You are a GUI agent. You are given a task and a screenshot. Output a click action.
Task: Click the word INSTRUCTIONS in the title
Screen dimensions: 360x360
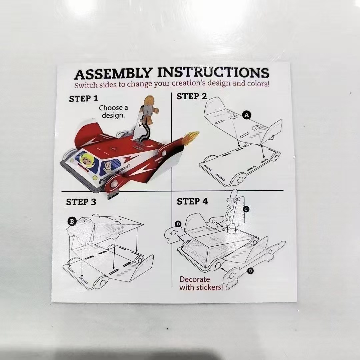[213, 73]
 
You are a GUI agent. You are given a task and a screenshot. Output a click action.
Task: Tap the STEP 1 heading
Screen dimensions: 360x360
[83, 99]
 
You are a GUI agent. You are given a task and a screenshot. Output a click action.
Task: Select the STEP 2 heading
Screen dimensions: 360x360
[191, 96]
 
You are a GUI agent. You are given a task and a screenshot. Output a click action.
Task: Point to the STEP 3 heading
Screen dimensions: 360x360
[81, 202]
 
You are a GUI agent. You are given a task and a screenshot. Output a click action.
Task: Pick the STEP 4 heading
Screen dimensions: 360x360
[192, 201]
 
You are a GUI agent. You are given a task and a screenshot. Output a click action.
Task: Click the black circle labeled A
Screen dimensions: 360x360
[247, 115]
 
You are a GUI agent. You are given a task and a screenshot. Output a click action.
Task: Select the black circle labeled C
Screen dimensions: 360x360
[246, 209]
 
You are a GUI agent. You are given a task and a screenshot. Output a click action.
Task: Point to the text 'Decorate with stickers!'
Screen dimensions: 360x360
[201, 283]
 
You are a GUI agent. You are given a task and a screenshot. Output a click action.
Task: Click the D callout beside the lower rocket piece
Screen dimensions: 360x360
[250, 271]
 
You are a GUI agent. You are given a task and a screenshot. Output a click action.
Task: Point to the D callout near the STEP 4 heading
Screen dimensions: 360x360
[178, 224]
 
